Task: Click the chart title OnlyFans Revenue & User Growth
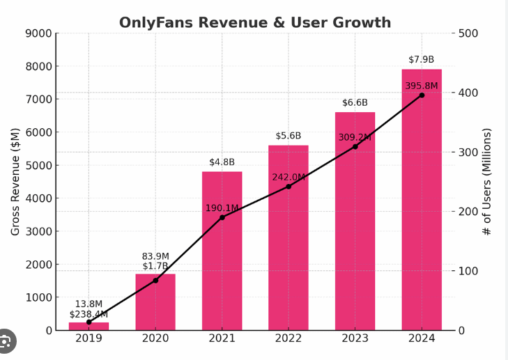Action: click(x=255, y=22)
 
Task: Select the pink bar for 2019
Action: click(x=88, y=326)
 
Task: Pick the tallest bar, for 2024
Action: click(x=422, y=209)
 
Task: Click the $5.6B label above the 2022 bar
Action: click(x=288, y=136)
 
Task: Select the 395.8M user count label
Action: click(x=422, y=86)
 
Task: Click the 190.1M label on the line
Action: click(x=222, y=208)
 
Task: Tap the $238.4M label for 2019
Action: click(x=88, y=315)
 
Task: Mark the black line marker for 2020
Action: click(x=155, y=280)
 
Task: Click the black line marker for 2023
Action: click(x=355, y=146)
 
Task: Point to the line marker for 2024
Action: click(x=422, y=95)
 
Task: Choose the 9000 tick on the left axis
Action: click(x=38, y=33)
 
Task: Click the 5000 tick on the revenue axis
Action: click(x=38, y=165)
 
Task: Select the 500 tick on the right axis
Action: click(x=468, y=33)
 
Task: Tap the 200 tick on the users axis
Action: click(x=468, y=212)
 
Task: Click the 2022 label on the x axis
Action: click(x=288, y=338)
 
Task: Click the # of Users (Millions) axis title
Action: click(x=487, y=181)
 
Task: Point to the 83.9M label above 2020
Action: click(x=155, y=256)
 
